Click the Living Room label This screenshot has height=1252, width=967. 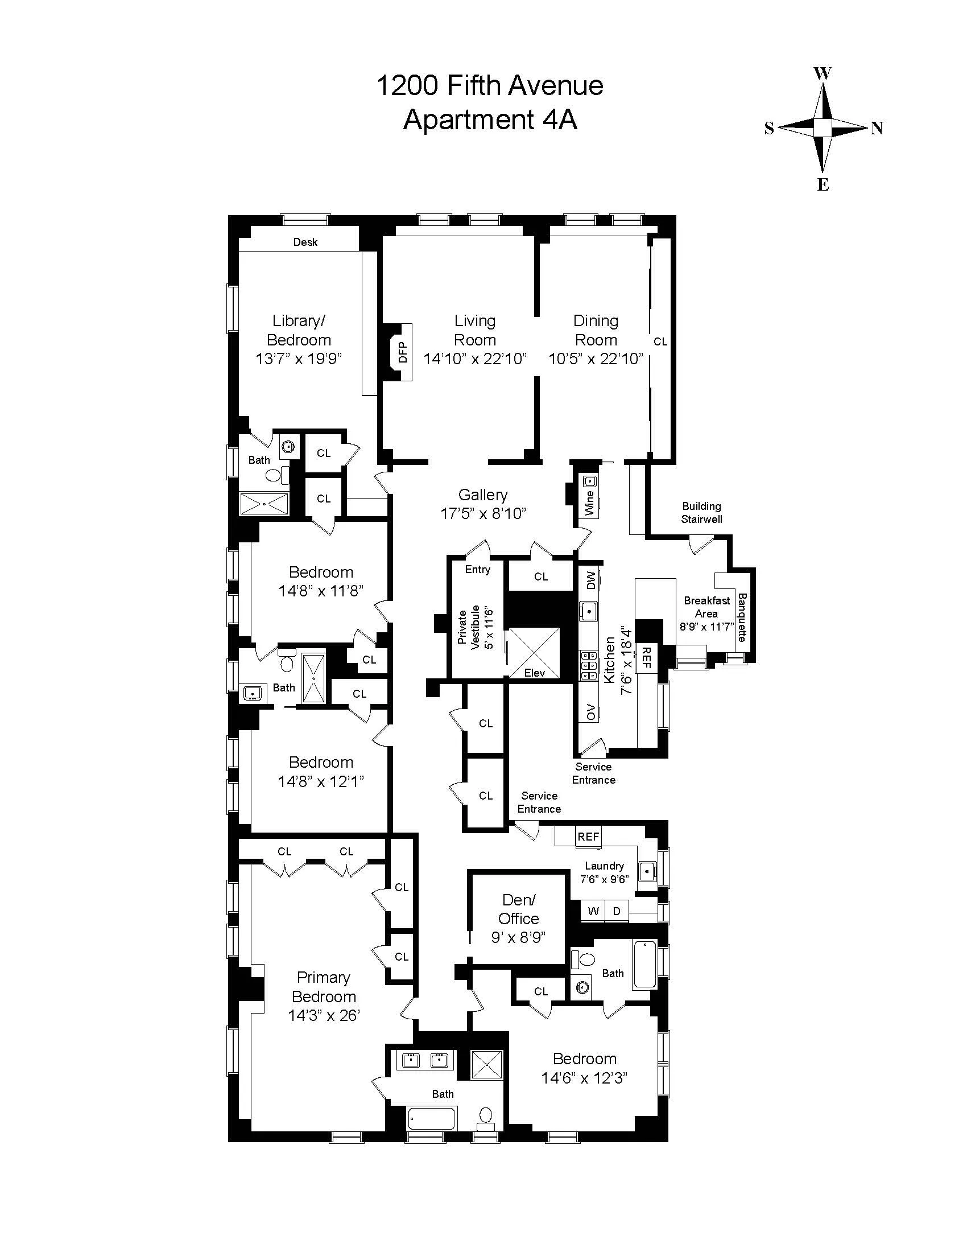click(x=474, y=330)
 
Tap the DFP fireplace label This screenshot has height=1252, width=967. click(x=403, y=352)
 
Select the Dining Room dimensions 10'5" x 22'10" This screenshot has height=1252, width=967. click(x=596, y=359)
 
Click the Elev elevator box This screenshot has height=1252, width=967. click(x=535, y=654)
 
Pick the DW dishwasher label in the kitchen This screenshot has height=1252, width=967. click(x=590, y=579)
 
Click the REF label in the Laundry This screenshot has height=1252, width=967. click(x=588, y=837)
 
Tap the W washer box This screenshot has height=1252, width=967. click(x=593, y=911)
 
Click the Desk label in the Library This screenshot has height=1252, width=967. click(x=305, y=242)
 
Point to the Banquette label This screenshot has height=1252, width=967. click(x=742, y=617)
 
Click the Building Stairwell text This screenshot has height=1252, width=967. click(x=701, y=513)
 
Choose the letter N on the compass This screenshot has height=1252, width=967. click(x=877, y=128)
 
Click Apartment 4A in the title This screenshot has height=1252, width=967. click(x=490, y=121)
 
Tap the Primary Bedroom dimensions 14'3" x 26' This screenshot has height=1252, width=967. click(x=324, y=1015)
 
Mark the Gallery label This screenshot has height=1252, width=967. click(x=483, y=495)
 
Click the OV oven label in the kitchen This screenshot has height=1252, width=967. click(x=590, y=712)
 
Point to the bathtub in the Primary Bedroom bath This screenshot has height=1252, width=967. click(x=432, y=1118)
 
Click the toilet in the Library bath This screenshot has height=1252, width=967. click(x=274, y=475)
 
